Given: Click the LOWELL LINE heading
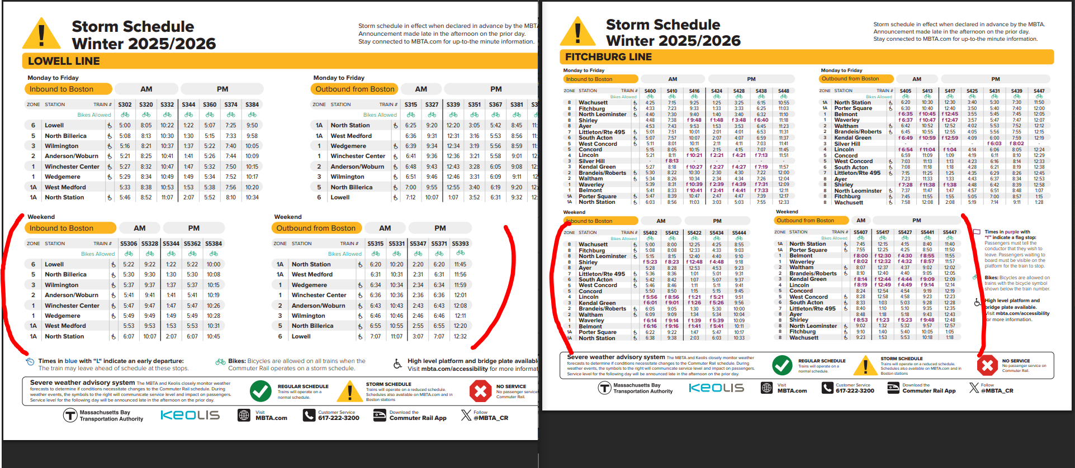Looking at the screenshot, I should coord(64,61).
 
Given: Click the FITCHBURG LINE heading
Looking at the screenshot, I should coord(608,57).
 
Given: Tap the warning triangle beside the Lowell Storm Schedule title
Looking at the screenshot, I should coord(41,35).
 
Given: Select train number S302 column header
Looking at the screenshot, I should coord(125,104).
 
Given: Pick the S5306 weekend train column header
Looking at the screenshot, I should coord(129,243).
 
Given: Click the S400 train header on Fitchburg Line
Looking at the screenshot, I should coord(650,90).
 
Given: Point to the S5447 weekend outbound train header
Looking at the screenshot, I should coord(950,232).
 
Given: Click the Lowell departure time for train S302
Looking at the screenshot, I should coord(125,126).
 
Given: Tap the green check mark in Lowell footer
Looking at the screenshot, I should coord(261,391).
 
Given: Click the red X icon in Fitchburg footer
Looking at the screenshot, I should coord(987,366).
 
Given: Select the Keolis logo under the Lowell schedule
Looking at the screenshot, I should coord(190,415).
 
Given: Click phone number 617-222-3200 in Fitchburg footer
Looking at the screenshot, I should coord(855,390).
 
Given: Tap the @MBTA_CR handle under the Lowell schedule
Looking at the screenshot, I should coord(490,418).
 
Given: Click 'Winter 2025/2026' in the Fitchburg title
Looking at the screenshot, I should coord(673,41).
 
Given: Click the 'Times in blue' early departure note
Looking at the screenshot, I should coord(111,361).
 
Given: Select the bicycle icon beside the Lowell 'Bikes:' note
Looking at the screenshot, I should coord(220,362).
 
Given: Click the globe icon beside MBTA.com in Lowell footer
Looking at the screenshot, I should coord(244,415).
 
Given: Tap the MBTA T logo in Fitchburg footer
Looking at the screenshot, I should coord(604,388).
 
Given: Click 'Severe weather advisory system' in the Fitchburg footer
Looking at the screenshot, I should coord(615,357).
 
